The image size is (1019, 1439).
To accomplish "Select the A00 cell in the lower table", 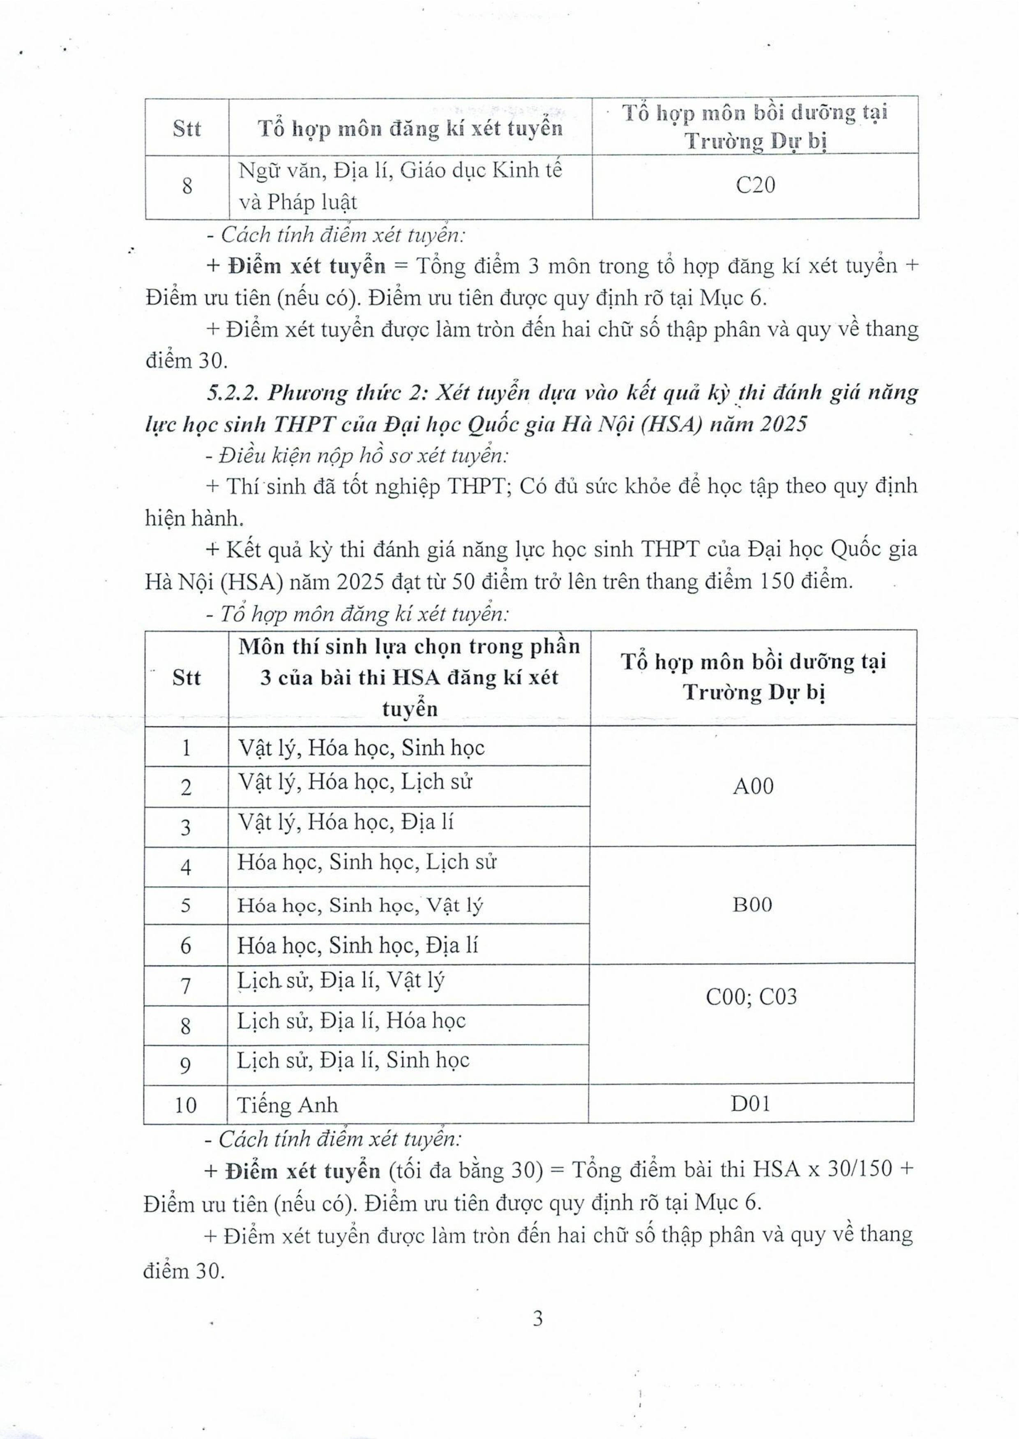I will (753, 786).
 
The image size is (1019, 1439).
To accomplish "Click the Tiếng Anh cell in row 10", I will (287, 1105).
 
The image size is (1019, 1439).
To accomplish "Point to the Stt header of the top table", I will (187, 129).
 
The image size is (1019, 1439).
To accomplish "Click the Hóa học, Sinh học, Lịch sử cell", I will (367, 862).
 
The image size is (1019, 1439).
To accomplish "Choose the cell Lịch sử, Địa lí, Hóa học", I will (351, 1021).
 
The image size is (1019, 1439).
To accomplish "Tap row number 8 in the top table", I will (187, 187).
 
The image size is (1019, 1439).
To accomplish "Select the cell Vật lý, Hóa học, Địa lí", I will (345, 822).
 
